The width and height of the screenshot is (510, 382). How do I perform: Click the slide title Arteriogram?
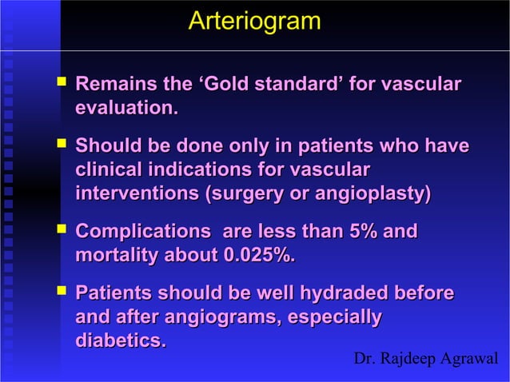tap(254, 22)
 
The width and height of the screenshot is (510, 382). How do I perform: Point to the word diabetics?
tap(121, 340)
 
